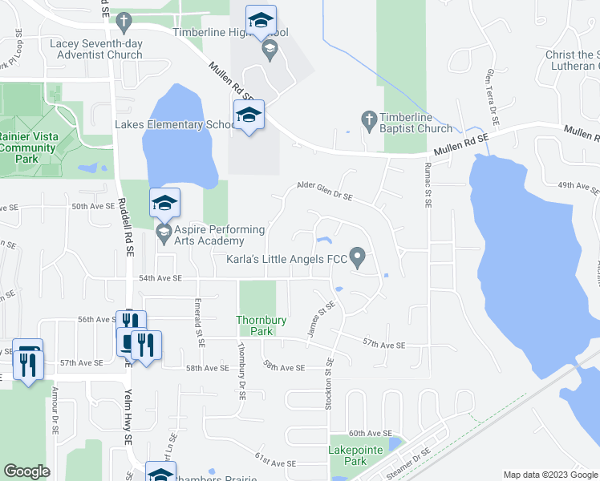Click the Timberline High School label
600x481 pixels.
[230, 32]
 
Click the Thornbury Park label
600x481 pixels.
[261, 325]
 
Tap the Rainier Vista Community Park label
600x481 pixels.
[30, 148]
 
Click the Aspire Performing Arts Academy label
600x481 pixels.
[212, 235]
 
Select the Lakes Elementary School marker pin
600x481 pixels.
[249, 116]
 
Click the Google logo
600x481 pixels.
[26, 471]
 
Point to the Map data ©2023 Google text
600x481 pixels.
[549, 475]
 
